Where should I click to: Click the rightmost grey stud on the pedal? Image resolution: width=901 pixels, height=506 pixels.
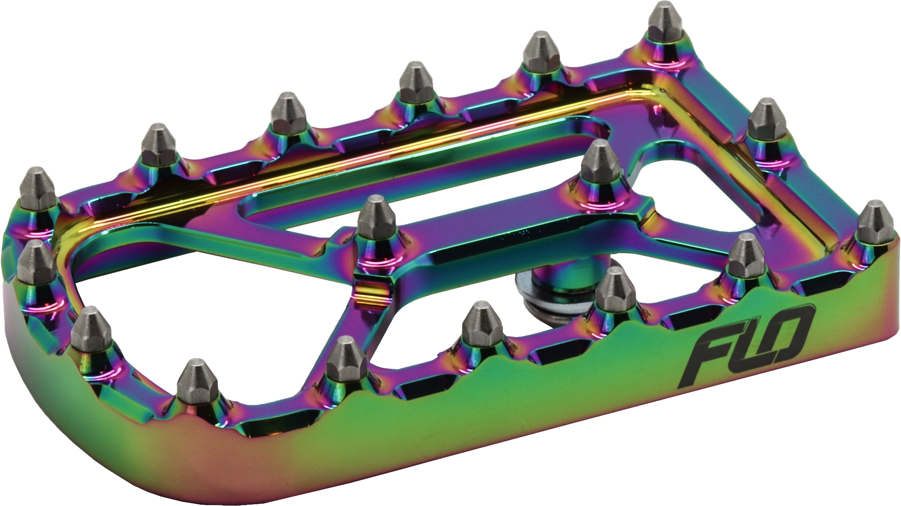(x=872, y=223)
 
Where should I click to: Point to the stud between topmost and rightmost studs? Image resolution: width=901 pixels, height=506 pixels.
(x=767, y=120)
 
